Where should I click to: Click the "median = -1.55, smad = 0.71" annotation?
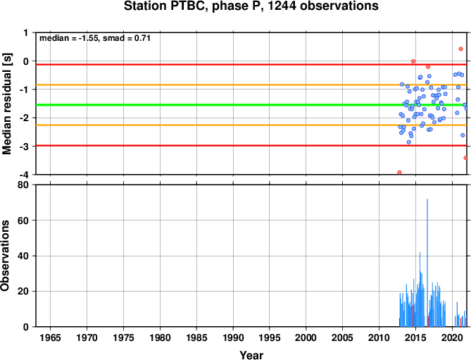[x=95, y=38]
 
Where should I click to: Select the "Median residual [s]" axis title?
[x=6, y=104]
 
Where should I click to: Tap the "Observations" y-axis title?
[x=5, y=256]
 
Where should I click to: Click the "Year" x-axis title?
[x=251, y=354]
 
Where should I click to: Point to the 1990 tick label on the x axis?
[x=233, y=337]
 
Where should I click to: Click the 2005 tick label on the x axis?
[x=342, y=337]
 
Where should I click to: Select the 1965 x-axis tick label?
[x=50, y=337]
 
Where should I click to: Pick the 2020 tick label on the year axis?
[x=452, y=337]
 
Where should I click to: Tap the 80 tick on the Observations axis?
[x=23, y=185]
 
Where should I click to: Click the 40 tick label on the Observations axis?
[x=23, y=256]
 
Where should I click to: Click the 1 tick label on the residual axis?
[x=26, y=32]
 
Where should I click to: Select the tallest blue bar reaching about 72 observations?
[x=427, y=263]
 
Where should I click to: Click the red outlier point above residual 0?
[x=460, y=49]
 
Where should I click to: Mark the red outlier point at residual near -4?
[x=399, y=173]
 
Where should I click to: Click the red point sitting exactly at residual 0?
[x=413, y=61]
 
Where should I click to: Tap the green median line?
[x=251, y=105]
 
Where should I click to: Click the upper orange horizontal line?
[x=251, y=85]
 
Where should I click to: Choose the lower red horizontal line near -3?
[x=251, y=146]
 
